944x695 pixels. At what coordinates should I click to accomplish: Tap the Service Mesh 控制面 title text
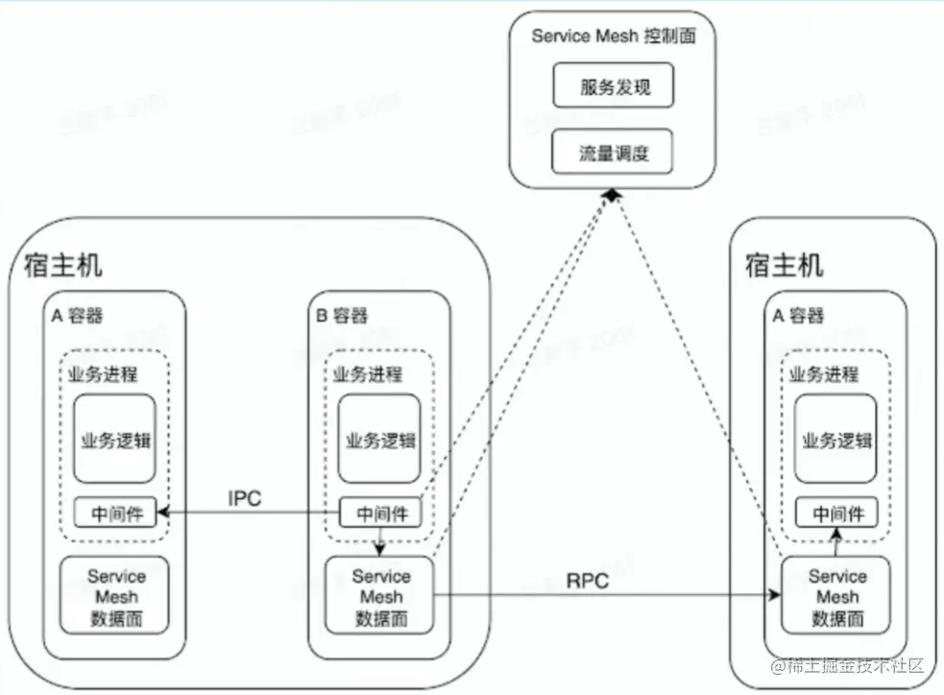(613, 36)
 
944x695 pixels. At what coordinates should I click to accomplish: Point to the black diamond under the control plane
(609, 196)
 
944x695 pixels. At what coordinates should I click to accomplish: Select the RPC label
(587, 581)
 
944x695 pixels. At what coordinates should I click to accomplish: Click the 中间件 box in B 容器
(382, 514)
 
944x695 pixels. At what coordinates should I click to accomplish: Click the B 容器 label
(341, 315)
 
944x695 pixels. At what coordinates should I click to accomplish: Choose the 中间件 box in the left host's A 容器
(116, 514)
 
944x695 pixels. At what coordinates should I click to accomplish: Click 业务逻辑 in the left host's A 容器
(116, 440)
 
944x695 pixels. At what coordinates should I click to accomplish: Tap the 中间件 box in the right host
(837, 514)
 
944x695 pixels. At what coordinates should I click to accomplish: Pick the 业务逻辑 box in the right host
(837, 440)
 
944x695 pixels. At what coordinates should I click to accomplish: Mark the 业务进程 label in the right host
(824, 374)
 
